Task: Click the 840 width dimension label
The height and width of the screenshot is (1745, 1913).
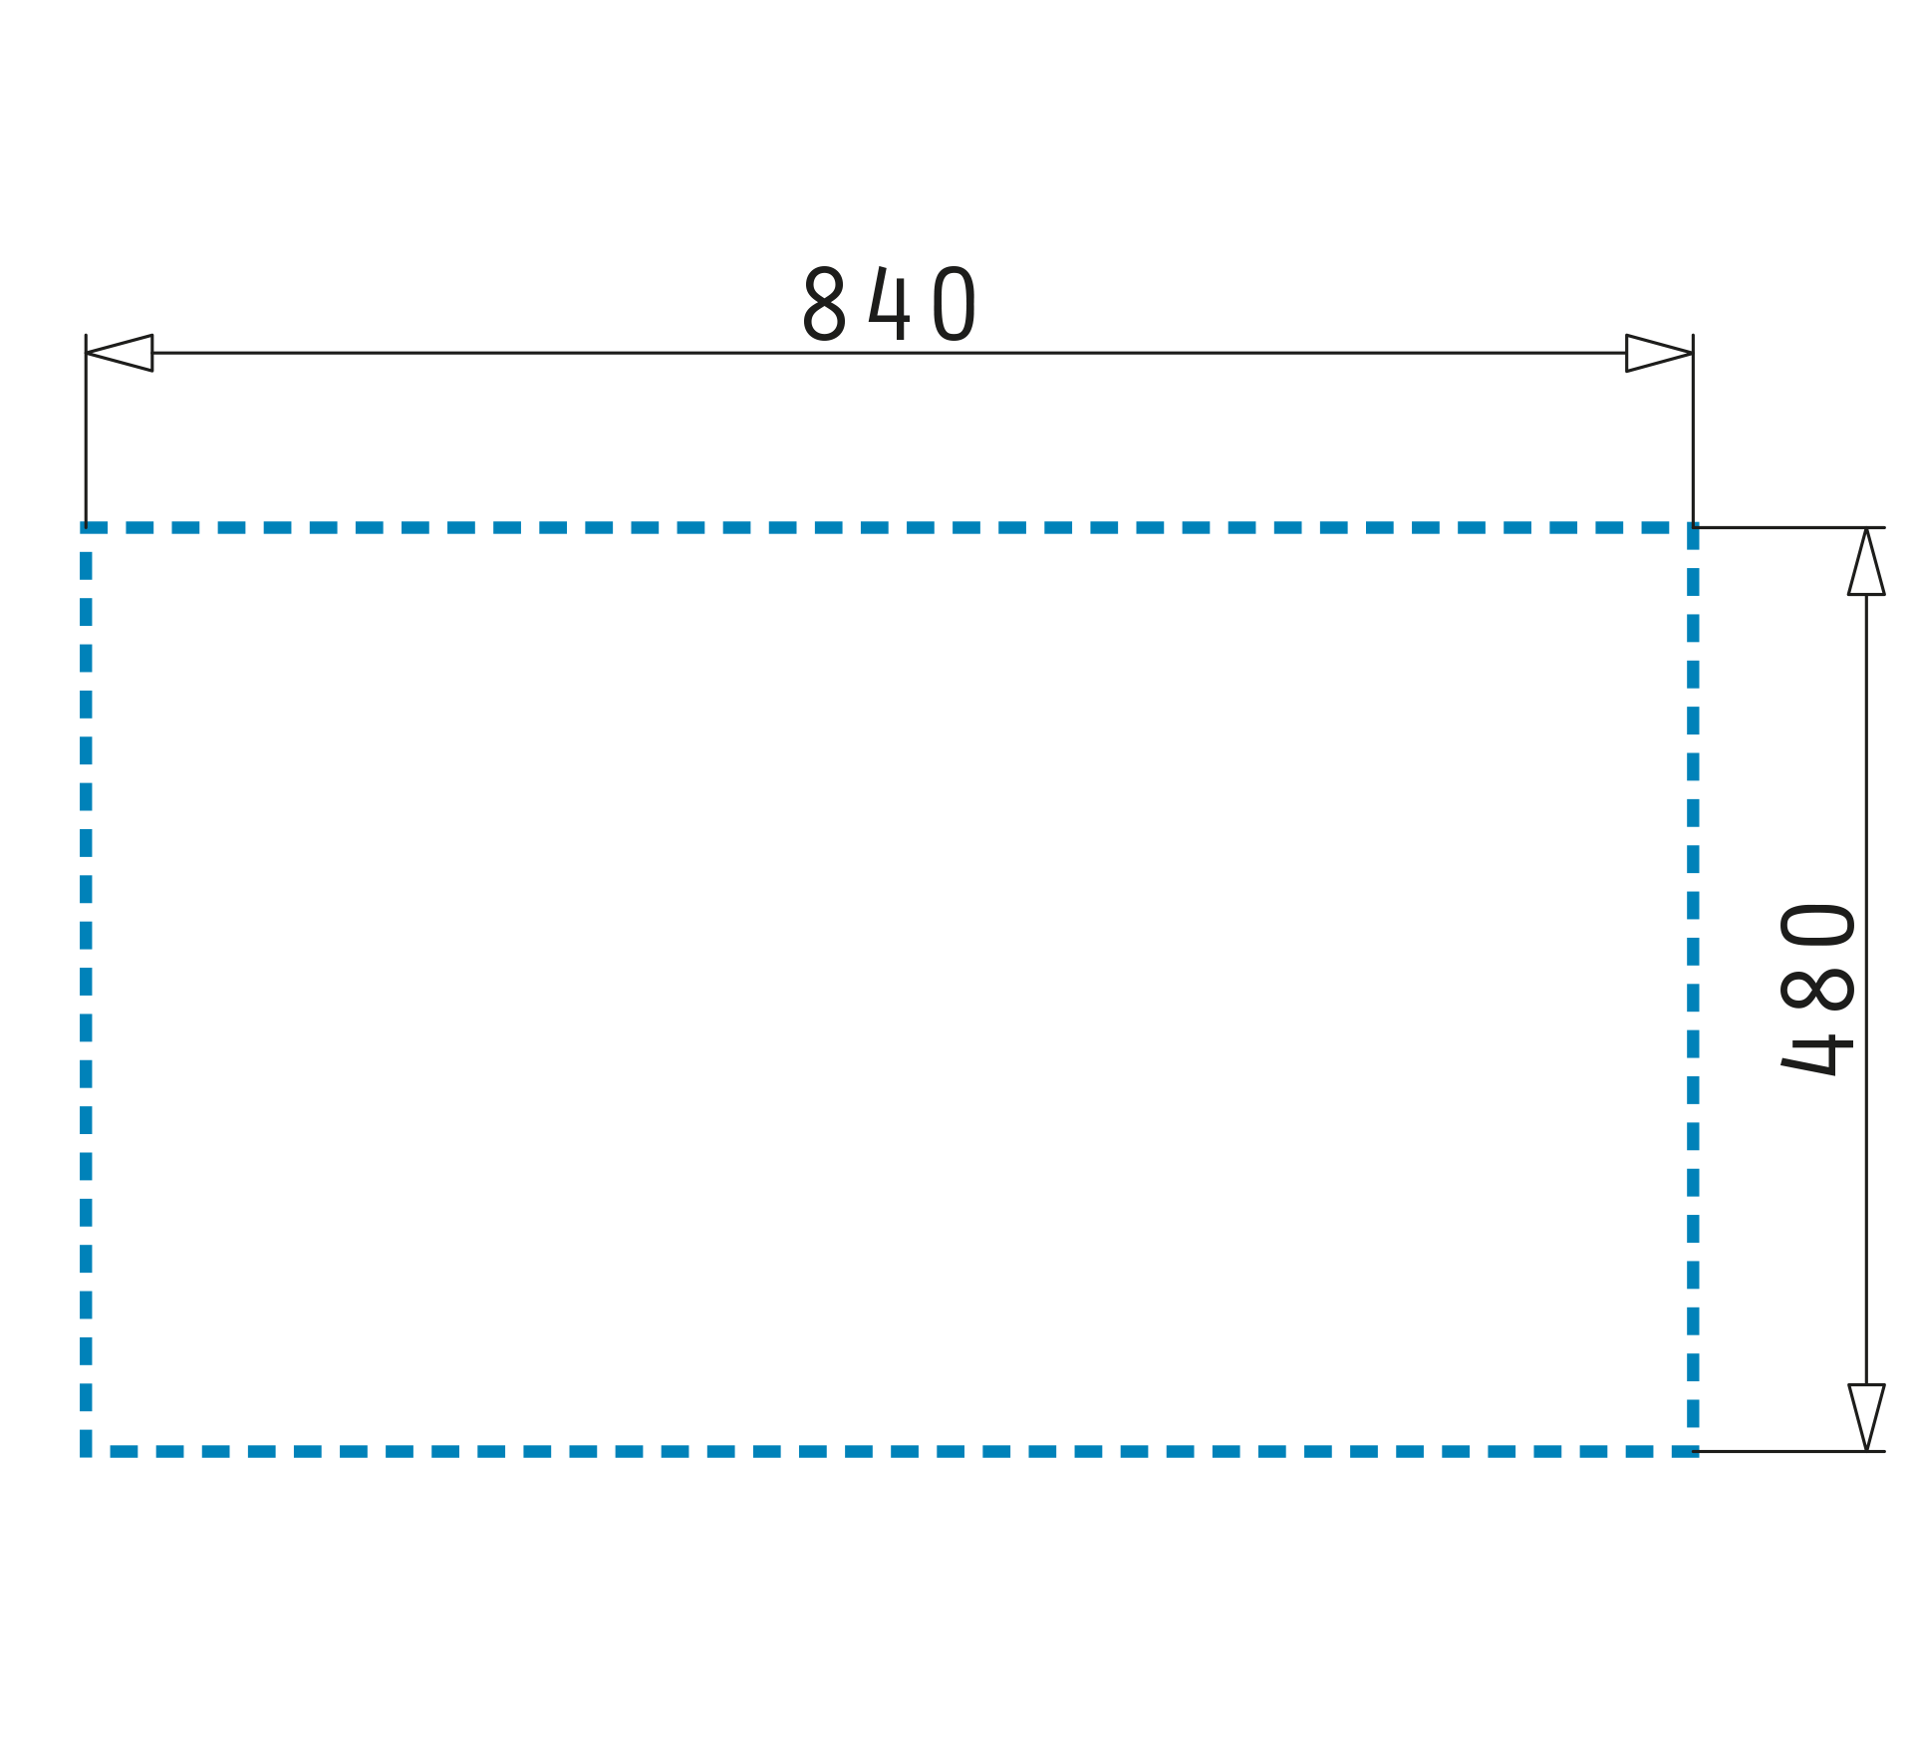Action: click(890, 304)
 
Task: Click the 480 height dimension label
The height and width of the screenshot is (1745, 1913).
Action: click(1817, 989)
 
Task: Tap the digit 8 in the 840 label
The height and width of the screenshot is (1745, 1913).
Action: click(825, 304)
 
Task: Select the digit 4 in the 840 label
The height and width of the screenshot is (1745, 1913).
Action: click(890, 303)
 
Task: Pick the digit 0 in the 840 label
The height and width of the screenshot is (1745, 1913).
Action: click(955, 304)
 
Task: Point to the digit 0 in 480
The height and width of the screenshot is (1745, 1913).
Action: click(1817, 924)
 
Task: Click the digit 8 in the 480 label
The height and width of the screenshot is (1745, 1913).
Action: click(1817, 989)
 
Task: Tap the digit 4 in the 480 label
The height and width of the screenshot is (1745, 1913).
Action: click(1817, 1054)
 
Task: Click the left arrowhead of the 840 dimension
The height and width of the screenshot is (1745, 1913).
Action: click(119, 353)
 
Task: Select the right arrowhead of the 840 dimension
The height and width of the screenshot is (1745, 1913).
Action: click(1659, 353)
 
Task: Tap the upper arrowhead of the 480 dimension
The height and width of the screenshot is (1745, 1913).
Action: click(1866, 561)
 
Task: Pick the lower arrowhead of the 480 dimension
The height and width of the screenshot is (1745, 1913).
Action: click(1866, 1417)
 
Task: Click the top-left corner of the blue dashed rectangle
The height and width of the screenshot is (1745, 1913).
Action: click(86, 527)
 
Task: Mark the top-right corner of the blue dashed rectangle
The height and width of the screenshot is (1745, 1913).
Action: click(1693, 527)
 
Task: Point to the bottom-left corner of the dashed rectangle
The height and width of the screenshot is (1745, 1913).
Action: click(86, 1451)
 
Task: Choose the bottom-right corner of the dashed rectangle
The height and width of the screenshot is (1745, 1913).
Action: click(1693, 1451)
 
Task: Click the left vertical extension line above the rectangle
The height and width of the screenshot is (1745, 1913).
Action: click(86, 431)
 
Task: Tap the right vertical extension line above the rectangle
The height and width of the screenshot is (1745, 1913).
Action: click(1693, 431)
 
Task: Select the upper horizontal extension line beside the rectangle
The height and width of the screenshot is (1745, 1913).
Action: click(1789, 527)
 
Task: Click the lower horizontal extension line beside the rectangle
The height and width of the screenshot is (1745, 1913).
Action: click(1789, 1451)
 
